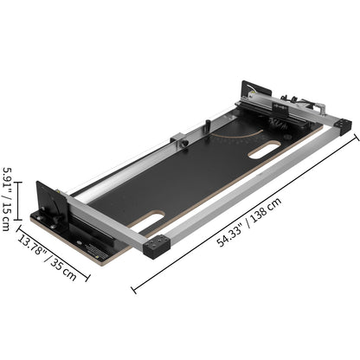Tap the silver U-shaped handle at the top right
[x=312, y=107]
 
